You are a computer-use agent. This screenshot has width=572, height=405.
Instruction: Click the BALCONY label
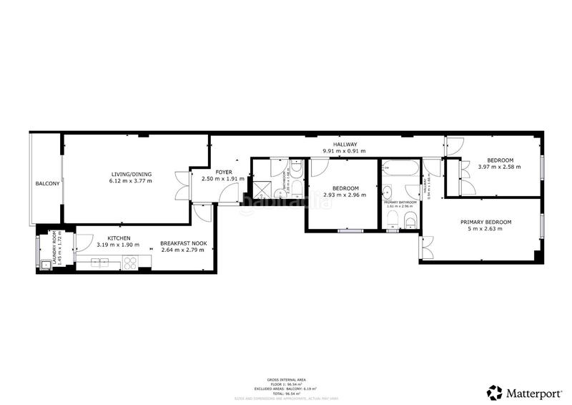click(x=48, y=184)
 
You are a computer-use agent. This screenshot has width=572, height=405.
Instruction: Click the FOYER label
click(x=223, y=172)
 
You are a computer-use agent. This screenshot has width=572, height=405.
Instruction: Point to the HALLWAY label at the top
click(x=345, y=145)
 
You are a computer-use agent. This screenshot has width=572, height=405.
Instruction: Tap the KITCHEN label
click(x=119, y=238)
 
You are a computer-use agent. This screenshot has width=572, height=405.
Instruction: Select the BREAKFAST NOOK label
click(x=184, y=243)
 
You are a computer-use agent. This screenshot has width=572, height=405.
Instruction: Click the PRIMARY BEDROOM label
click(x=485, y=222)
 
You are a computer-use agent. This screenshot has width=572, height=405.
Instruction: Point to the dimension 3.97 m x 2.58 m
click(x=499, y=167)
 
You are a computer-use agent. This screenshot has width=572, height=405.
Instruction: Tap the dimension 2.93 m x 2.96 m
click(x=344, y=195)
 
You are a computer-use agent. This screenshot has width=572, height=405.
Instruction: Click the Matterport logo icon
click(x=494, y=391)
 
